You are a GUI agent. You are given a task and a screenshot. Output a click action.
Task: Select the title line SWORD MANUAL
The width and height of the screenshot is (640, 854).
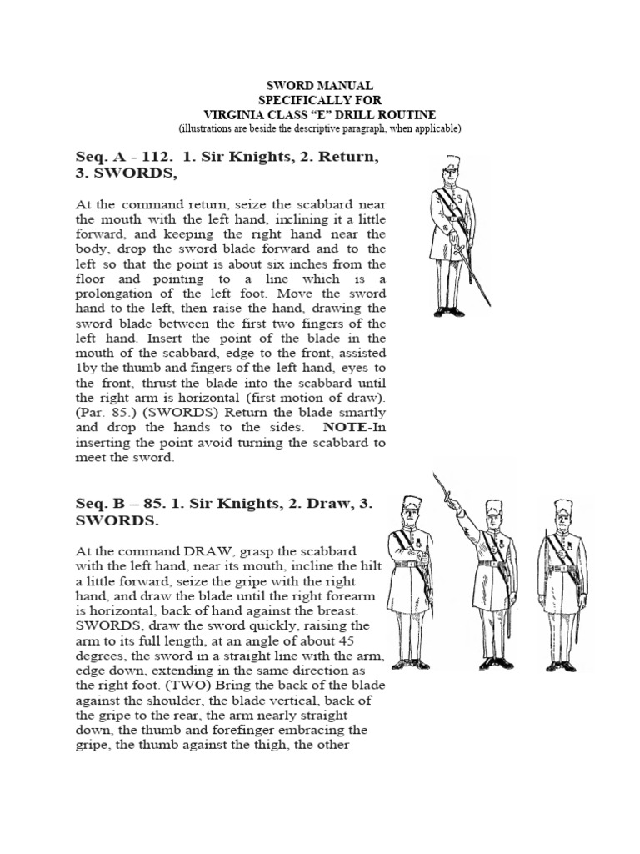(x=320, y=86)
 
